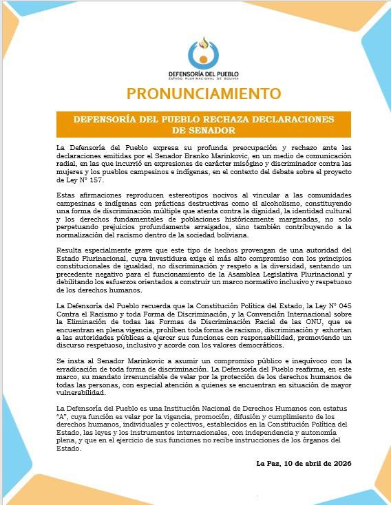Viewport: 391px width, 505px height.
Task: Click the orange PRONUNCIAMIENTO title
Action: [195, 93]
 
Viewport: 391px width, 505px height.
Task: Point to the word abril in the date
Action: [310, 463]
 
